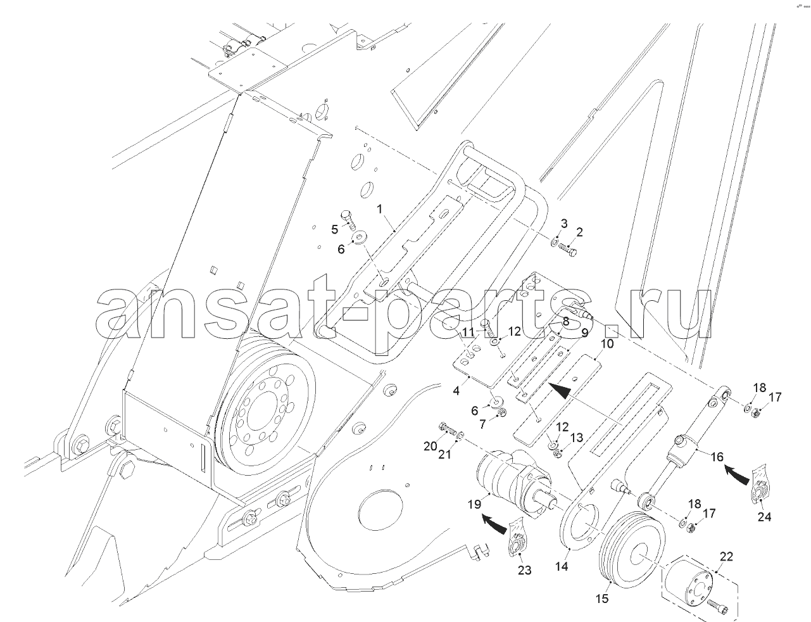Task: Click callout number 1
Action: pos(380,209)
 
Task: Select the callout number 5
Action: pos(335,229)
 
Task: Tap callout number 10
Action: pos(607,343)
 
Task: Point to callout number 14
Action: pos(562,566)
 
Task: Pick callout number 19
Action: pos(474,504)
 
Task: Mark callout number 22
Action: pos(726,556)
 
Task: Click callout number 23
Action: pos(524,570)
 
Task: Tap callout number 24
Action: pos(764,517)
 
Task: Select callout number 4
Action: pos(456,391)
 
